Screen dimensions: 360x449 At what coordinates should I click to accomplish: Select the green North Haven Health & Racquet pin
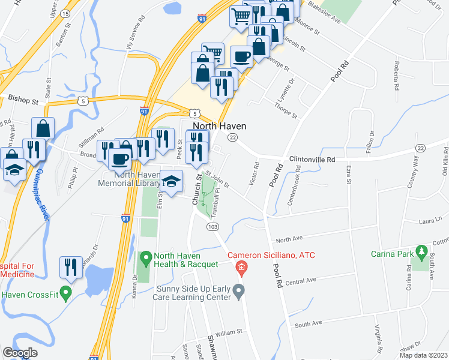pos(145,259)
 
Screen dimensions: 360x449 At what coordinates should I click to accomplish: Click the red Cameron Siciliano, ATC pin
pos(241,267)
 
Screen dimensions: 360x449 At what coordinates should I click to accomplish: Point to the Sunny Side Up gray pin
pos(239,292)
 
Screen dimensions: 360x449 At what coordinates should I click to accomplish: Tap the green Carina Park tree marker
pos(424,253)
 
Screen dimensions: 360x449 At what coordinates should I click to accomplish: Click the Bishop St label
pos(23,97)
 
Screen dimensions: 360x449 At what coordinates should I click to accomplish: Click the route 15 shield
pos(65,13)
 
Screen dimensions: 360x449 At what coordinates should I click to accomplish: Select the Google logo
pos(20,353)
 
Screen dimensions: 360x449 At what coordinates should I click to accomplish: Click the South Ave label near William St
pos(309,323)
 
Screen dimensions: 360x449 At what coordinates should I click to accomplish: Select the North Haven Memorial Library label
pos(128,179)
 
